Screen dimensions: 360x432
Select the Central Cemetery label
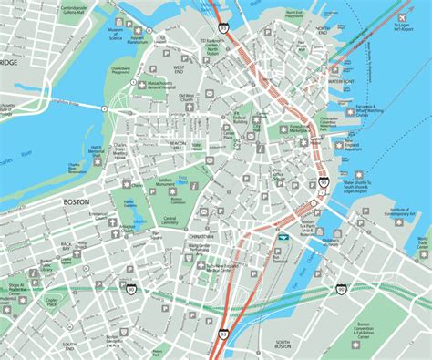click(170, 221)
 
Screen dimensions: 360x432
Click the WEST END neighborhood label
click(178, 67)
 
